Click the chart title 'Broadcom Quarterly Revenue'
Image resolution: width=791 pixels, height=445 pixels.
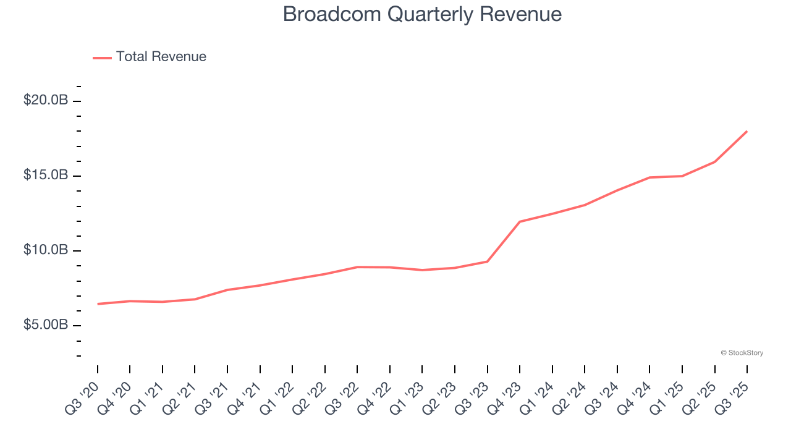pyautogui.click(x=422, y=14)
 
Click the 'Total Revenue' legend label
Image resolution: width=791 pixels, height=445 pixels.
pyautogui.click(x=161, y=57)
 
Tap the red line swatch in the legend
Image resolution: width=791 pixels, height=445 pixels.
pyautogui.click(x=102, y=57)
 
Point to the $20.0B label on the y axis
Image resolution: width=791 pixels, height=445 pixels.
pyautogui.click(x=46, y=100)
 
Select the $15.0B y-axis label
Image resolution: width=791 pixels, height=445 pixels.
pyautogui.click(x=46, y=176)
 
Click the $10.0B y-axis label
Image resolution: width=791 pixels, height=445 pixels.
pyautogui.click(x=46, y=250)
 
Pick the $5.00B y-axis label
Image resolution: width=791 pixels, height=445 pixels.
pyautogui.click(x=46, y=325)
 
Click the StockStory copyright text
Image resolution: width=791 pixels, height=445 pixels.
pyautogui.click(x=742, y=353)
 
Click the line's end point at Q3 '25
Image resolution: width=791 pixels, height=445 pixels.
pyautogui.click(x=747, y=131)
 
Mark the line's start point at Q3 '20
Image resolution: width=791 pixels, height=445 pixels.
pyautogui.click(x=98, y=304)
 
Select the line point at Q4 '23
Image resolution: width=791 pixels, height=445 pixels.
pyautogui.click(x=520, y=221)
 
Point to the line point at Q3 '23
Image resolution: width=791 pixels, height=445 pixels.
pyautogui.click(x=488, y=261)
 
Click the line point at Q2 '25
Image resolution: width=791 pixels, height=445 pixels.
pyautogui.click(x=715, y=162)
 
